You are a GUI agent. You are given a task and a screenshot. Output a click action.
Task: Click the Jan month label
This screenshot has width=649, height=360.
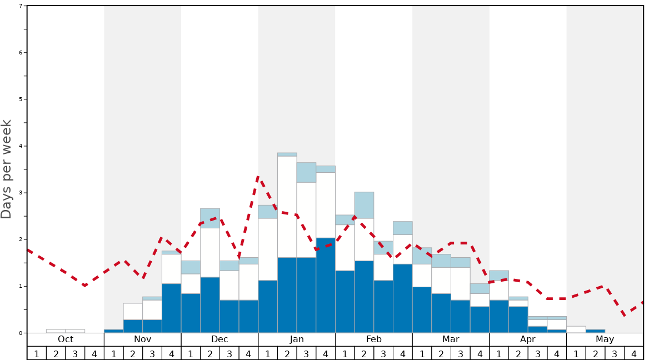[x=297, y=339]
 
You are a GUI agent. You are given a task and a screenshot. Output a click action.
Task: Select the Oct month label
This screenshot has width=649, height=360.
[x=66, y=339]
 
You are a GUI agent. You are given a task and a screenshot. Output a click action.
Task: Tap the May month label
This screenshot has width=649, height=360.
[x=605, y=339]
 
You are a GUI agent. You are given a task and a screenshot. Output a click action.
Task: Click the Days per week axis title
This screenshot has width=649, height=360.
[x=7, y=169]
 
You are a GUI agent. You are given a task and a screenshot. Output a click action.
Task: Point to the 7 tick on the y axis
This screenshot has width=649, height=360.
[x=21, y=6]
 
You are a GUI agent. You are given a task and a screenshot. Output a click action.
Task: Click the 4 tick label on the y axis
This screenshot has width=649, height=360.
[x=21, y=146]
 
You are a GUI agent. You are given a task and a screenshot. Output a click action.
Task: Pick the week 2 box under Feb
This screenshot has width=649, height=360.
[x=364, y=353]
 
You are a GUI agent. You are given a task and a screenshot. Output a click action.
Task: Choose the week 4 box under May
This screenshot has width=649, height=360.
[x=633, y=353]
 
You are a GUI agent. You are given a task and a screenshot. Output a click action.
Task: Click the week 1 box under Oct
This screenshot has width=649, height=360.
[x=37, y=353]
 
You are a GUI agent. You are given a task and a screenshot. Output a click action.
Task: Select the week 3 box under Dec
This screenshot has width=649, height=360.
[x=229, y=353]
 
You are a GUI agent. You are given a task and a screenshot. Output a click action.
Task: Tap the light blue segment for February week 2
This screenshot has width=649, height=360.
[x=364, y=205]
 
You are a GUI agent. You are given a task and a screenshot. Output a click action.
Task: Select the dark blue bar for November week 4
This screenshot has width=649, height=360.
[x=171, y=308]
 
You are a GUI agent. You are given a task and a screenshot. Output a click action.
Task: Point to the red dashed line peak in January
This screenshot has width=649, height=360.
[x=258, y=177]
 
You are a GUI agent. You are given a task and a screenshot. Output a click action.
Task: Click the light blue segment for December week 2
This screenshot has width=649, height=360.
[x=210, y=218]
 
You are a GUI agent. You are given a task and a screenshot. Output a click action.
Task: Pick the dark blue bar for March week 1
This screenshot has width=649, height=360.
[x=422, y=309]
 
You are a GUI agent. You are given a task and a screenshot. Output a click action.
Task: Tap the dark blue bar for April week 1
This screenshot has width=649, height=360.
[x=499, y=316]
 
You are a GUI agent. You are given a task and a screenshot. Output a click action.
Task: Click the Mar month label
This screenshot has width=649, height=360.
[x=451, y=339]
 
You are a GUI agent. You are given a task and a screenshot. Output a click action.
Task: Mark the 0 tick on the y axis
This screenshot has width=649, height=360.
[x=21, y=333]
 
